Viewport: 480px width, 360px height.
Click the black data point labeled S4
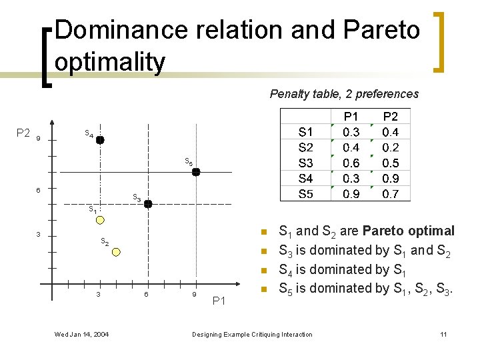click(100, 140)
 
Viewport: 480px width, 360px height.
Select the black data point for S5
click(196, 172)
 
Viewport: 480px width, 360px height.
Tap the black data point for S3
click(148, 204)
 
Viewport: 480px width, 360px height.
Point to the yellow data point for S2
click(117, 252)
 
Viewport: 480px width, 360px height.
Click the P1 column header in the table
click(351, 117)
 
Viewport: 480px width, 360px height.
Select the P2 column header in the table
click(391, 117)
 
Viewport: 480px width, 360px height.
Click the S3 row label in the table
click(305, 163)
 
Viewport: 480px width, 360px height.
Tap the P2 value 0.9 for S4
click(391, 179)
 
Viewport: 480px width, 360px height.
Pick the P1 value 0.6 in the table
click(351, 163)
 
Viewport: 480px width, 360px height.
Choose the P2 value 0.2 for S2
click(391, 147)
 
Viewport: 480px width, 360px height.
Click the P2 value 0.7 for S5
click(391, 194)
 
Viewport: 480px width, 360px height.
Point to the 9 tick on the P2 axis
click(39, 139)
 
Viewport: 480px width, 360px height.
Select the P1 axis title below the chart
click(219, 302)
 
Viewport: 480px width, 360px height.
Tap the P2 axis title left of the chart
click(23, 133)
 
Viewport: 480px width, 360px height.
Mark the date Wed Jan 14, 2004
click(82, 334)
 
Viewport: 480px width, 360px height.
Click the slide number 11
click(443, 334)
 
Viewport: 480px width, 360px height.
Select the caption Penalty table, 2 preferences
click(344, 94)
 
